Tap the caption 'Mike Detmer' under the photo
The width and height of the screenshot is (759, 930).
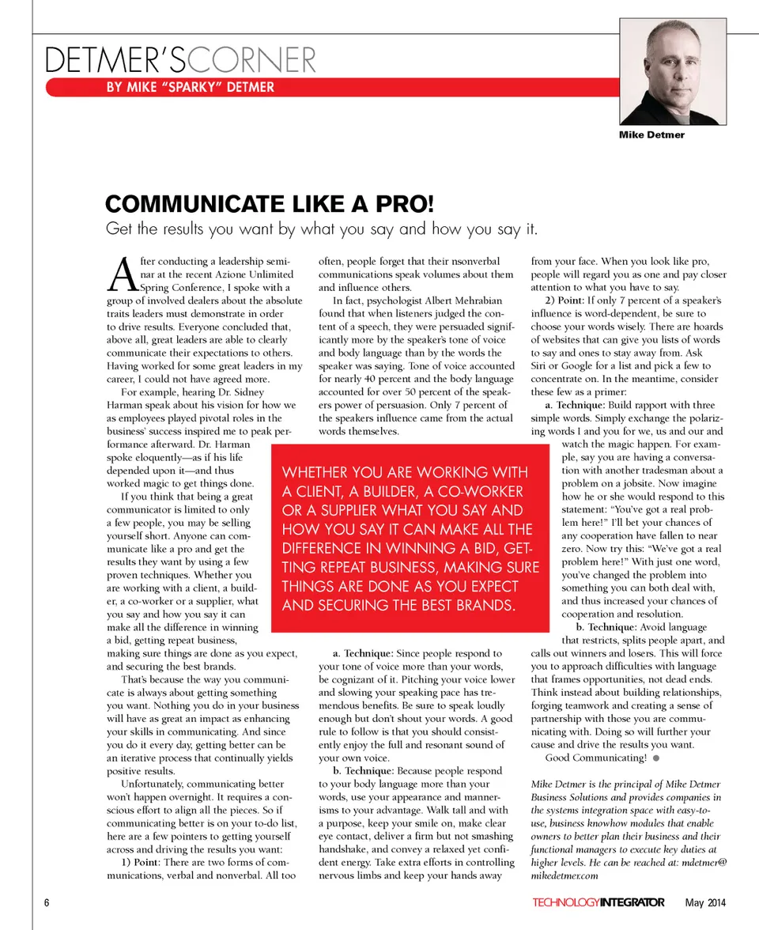click(651, 134)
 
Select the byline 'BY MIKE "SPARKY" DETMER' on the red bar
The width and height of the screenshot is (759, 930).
click(191, 87)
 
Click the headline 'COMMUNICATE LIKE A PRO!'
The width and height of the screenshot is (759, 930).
click(270, 204)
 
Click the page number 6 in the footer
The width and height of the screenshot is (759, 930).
click(47, 903)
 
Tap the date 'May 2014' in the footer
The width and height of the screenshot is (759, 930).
click(705, 903)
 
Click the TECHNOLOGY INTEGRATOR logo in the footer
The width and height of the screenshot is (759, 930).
click(599, 903)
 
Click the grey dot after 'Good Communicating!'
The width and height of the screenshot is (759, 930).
click(656, 758)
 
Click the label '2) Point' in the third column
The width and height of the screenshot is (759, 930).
click(564, 301)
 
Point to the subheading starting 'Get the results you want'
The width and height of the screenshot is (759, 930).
click(322, 230)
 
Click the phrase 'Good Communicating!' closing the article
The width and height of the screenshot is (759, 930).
click(596, 758)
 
